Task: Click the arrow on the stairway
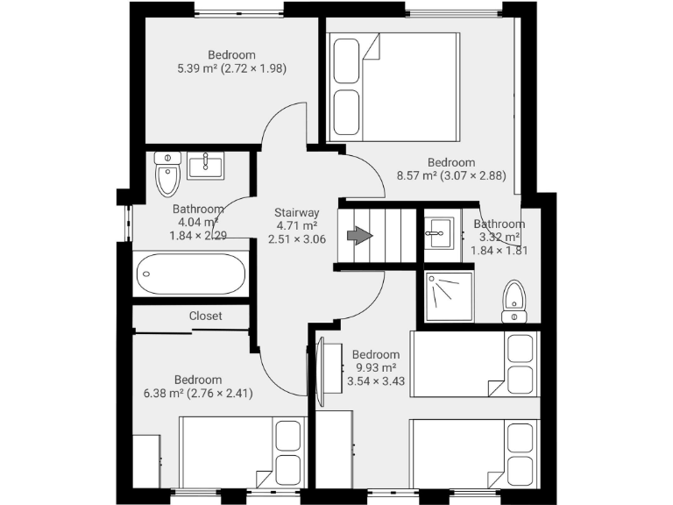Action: click(x=359, y=235)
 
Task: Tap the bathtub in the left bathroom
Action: click(x=190, y=274)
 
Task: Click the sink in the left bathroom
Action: click(x=206, y=165)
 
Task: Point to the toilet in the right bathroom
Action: click(x=514, y=302)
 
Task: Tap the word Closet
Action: click(x=205, y=316)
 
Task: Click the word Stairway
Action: click(x=296, y=212)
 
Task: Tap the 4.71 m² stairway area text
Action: click(x=296, y=225)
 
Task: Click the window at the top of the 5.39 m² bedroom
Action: click(x=238, y=11)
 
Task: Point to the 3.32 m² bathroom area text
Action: click(x=499, y=237)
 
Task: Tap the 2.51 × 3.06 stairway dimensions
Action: click(x=296, y=239)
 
